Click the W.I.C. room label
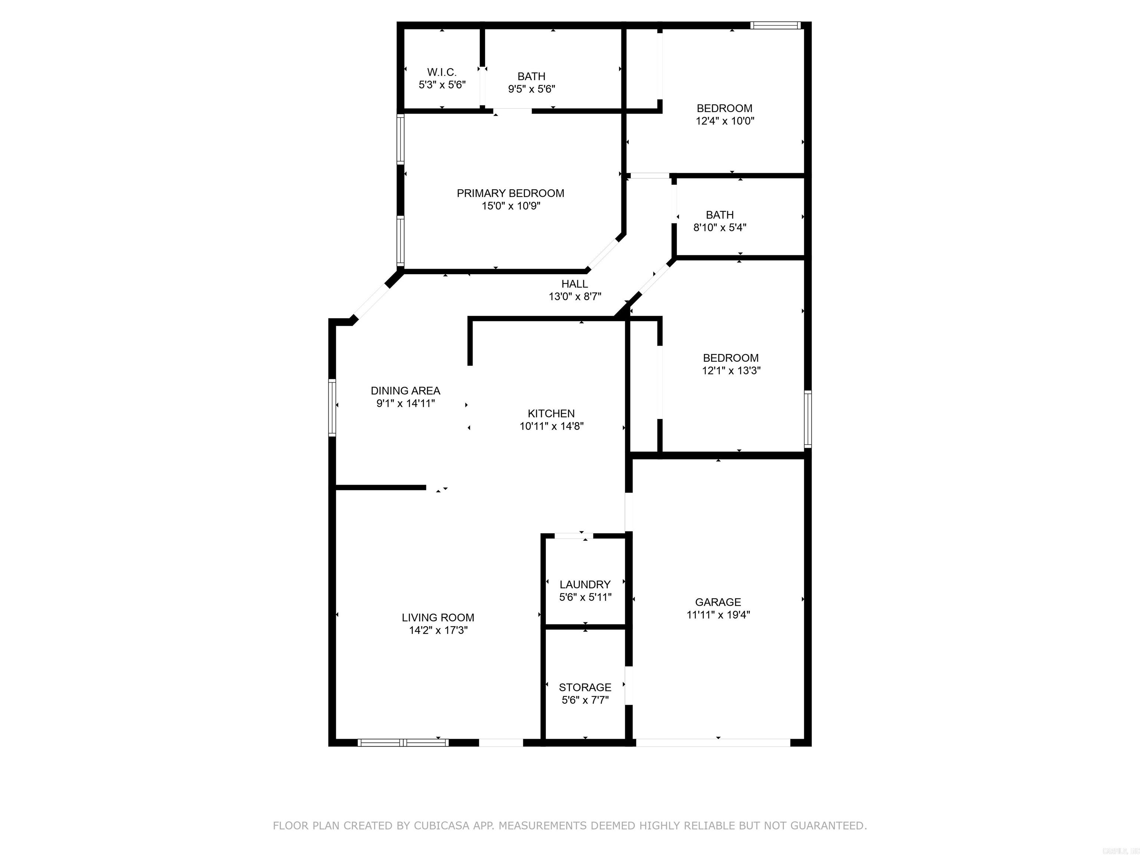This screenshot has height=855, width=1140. click(x=442, y=72)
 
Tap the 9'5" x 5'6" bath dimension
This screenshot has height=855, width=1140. click(x=531, y=89)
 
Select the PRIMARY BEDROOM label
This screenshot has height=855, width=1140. click(x=510, y=193)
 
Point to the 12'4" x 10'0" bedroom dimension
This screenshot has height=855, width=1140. click(x=725, y=121)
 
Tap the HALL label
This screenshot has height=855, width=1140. click(x=574, y=284)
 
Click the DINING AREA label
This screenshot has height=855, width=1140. click(x=405, y=391)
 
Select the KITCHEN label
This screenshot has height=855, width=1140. click(x=551, y=413)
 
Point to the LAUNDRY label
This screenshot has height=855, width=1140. click(x=585, y=584)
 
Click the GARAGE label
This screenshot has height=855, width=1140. click(x=718, y=602)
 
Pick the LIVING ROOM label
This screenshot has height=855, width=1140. click(x=438, y=617)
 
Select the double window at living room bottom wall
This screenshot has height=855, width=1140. click(x=403, y=743)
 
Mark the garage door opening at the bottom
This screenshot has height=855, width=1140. click(x=713, y=743)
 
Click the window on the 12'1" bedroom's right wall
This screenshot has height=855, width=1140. click(x=807, y=419)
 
